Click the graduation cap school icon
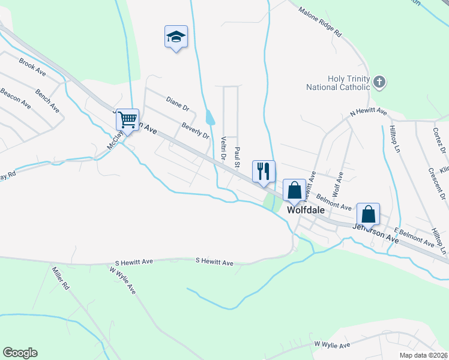pyautogui.click(x=176, y=37)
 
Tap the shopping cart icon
pyautogui.click(x=127, y=120)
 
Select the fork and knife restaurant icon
pyautogui.click(x=264, y=172)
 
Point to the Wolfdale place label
pyautogui.click(x=306, y=211)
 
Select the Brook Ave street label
pyautogui.click(x=32, y=66)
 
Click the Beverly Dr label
pyautogui.click(x=196, y=130)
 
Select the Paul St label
pyautogui.click(x=238, y=157)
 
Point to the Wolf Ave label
pyautogui.click(x=338, y=181)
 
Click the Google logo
pyautogui.click(x=20, y=353)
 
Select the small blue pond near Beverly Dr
pyautogui.click(x=209, y=117)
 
